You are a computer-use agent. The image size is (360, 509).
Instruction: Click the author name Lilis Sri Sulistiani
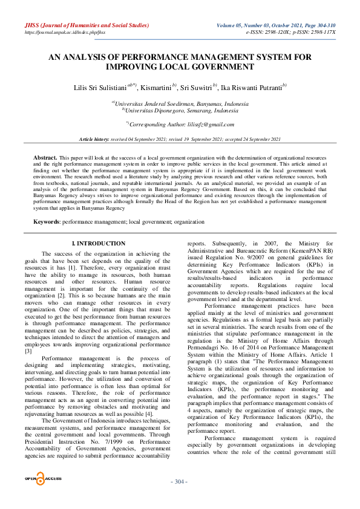pos(99,88)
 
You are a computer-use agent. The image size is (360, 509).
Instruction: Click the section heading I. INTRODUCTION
pos(99,244)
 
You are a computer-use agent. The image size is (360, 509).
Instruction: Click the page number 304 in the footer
pos(180,481)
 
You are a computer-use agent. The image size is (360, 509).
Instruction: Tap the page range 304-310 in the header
pos(323,25)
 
